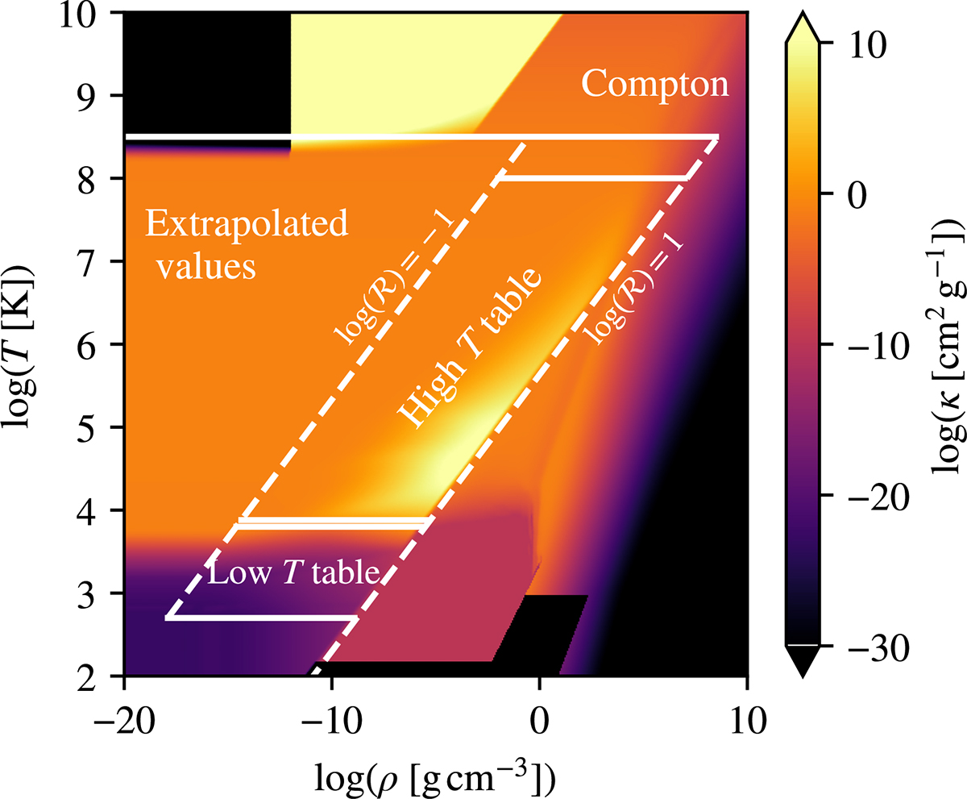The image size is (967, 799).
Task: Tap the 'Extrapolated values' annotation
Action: (247, 245)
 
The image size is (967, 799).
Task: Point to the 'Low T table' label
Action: (293, 573)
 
